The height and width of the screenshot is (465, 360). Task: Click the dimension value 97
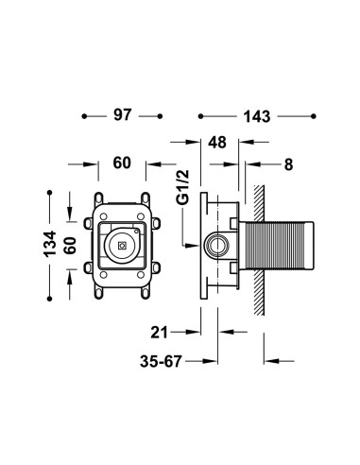(x=122, y=115)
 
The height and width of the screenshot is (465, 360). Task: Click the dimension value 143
(x=257, y=117)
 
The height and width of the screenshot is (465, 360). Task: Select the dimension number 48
(x=217, y=143)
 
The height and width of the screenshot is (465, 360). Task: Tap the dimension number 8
(x=288, y=164)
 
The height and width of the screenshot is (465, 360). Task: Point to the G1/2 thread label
(x=183, y=187)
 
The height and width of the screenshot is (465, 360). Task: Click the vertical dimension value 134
(x=50, y=244)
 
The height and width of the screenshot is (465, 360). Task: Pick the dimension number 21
(x=159, y=333)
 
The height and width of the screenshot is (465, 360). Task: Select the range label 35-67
(x=161, y=361)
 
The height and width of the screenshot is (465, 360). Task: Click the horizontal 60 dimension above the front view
(x=122, y=164)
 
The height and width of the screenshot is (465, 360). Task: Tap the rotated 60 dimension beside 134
(x=70, y=245)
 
